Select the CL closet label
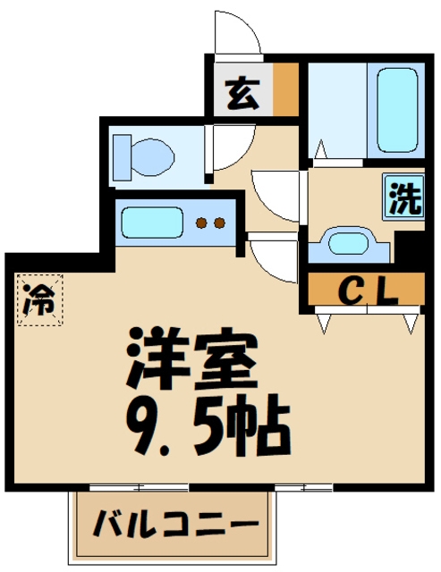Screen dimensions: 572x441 coord(366,291)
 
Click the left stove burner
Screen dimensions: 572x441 coord(202,223)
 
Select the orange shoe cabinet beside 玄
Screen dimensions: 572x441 coord(285,89)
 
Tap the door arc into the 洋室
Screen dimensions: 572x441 coord(272,259)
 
